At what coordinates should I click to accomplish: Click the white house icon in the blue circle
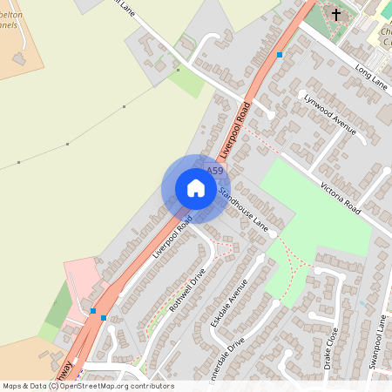click(x=196, y=188)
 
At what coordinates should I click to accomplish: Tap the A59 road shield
click(x=215, y=171)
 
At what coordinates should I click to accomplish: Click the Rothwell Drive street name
click(x=187, y=290)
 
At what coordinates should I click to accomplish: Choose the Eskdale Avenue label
click(x=229, y=301)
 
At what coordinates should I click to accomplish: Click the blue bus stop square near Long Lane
click(x=280, y=55)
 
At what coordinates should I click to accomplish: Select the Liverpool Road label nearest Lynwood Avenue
click(x=235, y=129)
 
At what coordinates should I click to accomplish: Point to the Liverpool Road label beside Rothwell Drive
click(x=172, y=240)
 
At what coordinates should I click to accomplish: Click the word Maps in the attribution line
click(x=12, y=386)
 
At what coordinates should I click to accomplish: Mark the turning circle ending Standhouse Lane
click(x=273, y=234)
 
